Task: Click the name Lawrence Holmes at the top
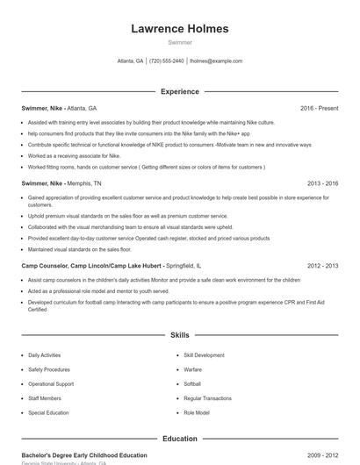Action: coord(179,29)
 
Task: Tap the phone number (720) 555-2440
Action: coord(167,61)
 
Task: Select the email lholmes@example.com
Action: coord(216,61)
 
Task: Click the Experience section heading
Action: coord(179,91)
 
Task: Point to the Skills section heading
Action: coord(179,335)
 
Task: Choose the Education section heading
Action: coord(179,439)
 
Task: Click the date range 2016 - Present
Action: coord(319,108)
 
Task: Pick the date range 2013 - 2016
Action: coord(322,183)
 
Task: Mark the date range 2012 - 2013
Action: coord(322,265)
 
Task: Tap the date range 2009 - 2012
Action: coord(322,455)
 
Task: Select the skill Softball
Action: coord(193,383)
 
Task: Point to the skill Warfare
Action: coord(193,369)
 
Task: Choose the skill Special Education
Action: coord(47,412)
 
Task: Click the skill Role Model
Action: coord(197,412)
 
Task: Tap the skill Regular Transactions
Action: coord(207,398)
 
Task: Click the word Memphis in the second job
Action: coord(80,183)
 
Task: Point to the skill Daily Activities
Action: coord(45,355)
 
